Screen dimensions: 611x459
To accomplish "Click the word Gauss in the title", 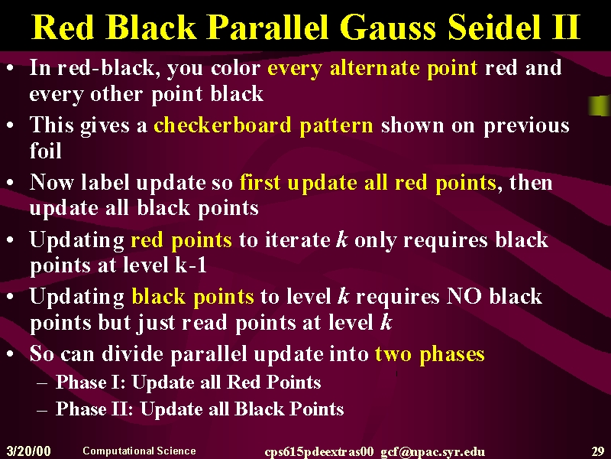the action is point(387,27).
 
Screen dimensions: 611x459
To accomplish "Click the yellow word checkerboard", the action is point(222,125).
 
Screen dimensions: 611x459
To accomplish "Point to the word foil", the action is point(46,150).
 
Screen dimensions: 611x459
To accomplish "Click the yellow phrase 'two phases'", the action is point(430,354).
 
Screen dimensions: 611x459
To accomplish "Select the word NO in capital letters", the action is point(464,296).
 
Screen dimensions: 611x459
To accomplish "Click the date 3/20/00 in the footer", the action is point(29,451).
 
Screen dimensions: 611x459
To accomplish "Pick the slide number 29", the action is point(598,451).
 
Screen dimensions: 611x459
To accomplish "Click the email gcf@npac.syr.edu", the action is point(432,452).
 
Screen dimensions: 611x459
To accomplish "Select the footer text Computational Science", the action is point(139,451).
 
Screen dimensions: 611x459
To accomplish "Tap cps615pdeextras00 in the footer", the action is point(318,452).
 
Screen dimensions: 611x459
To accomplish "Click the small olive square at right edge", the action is point(600,106).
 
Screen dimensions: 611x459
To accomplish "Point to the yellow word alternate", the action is point(374,68).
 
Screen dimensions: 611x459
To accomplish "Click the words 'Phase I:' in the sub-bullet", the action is point(90,382).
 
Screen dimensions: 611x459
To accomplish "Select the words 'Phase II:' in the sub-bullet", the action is point(94,409).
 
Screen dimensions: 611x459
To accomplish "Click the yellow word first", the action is point(260,182).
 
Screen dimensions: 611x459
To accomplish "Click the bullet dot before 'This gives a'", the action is point(11,125).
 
